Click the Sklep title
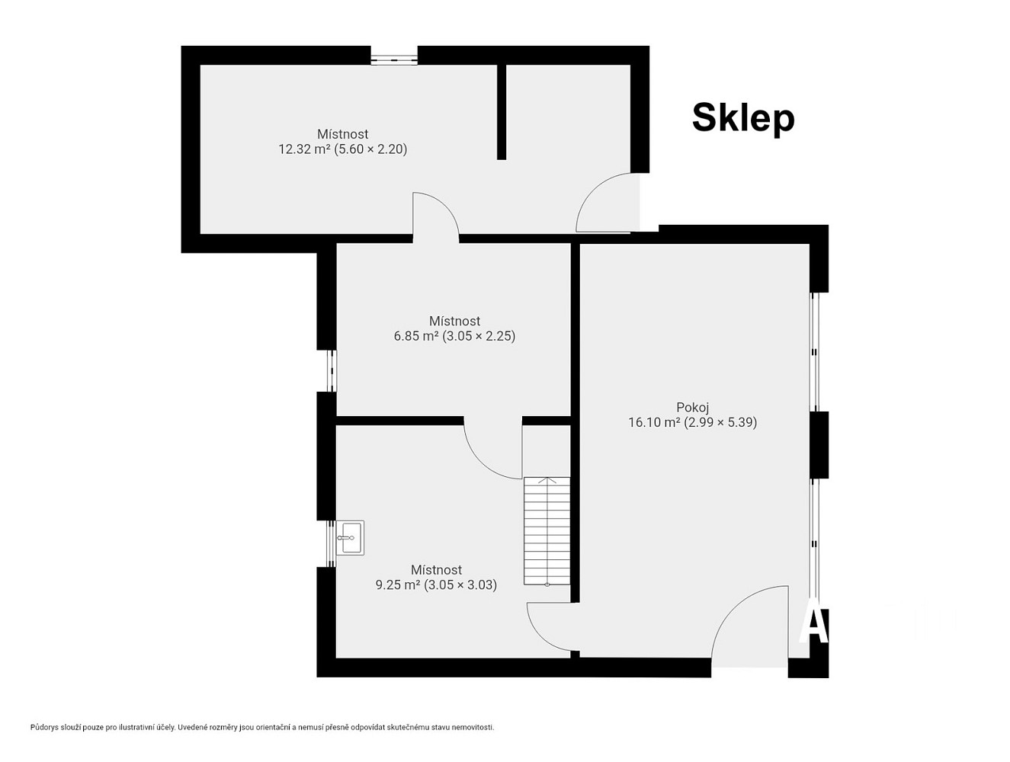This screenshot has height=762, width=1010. coord(743,119)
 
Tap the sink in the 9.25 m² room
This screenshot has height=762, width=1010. coord(350,537)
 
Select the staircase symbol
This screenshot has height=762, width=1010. coord(547,531)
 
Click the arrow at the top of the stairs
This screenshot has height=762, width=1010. coord(547,482)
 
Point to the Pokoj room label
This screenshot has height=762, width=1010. coord(692,407)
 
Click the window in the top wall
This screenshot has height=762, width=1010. coord(394,59)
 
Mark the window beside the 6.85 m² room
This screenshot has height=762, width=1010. coord(332,371)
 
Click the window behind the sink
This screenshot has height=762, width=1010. coord(332,543)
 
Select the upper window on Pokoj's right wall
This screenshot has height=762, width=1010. coord(814,352)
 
